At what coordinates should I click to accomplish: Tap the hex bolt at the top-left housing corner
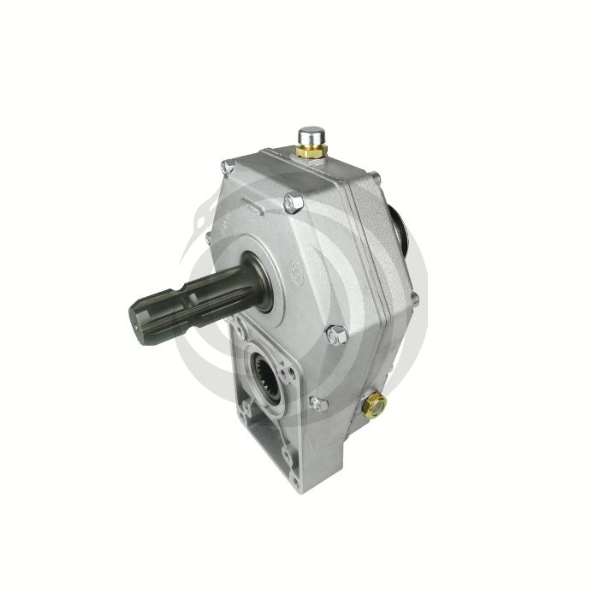(226, 164)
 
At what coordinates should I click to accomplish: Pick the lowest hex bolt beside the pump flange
(319, 403)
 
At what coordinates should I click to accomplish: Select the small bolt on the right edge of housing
(413, 299)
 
